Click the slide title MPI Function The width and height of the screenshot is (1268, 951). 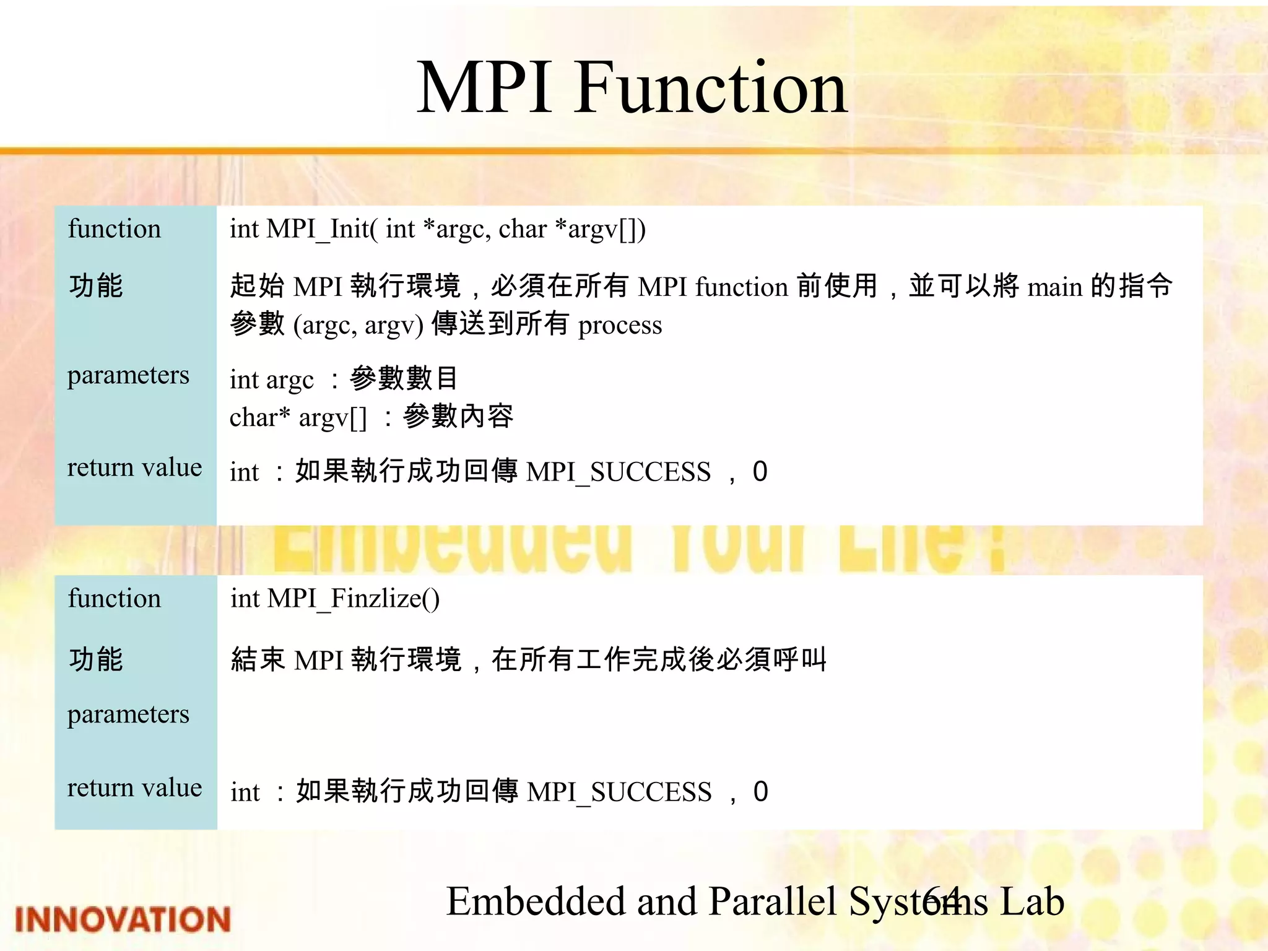point(632,88)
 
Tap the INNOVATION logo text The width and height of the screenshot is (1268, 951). point(123,919)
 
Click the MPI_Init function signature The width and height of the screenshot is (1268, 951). point(437,229)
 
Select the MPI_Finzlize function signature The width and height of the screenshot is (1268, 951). point(335,599)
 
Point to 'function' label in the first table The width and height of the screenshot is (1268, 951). point(114,229)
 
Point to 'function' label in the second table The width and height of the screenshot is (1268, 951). point(114,599)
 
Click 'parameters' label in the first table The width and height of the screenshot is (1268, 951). point(128,375)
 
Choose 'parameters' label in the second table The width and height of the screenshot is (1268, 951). point(128,714)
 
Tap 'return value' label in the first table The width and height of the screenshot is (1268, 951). point(134,467)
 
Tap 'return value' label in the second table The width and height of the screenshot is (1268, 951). point(134,788)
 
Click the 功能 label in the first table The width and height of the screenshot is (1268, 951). point(96,286)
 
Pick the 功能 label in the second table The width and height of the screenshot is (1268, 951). point(96,659)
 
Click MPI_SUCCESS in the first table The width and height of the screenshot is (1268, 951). point(618,472)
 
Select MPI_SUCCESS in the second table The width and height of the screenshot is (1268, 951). point(619,792)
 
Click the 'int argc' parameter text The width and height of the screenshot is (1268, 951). point(271,380)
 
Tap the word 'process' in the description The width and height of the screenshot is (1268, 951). point(620,326)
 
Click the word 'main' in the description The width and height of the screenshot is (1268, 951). point(1054,287)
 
